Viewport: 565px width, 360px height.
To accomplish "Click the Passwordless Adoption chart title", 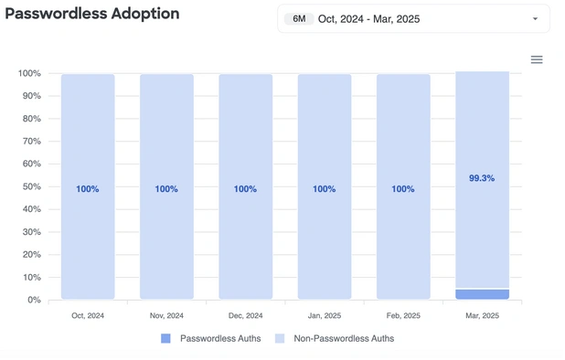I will coord(92,15).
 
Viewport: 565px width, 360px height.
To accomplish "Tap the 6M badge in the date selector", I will coord(299,18).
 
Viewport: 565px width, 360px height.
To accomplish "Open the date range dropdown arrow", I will coord(535,18).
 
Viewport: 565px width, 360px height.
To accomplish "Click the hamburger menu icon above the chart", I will coord(537,59).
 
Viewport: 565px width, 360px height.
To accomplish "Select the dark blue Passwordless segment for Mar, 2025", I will coord(482,294).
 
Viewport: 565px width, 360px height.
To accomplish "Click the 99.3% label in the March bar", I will coord(482,178).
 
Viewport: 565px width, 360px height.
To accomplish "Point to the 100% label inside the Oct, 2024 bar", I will coord(88,189).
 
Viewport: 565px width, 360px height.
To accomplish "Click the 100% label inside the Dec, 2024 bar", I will coord(245,189).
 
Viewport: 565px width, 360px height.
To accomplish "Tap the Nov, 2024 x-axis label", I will coord(166,315).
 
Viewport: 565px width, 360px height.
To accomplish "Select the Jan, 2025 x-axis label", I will coord(324,315).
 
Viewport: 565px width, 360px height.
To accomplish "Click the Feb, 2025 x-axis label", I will coord(403,315).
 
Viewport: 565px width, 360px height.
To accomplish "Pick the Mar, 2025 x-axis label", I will coord(482,315).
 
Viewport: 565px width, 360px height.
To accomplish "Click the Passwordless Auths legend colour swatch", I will coord(165,338).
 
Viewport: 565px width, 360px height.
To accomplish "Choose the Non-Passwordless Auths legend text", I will coord(344,338).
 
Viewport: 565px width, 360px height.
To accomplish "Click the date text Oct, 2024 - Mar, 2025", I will coord(368,18).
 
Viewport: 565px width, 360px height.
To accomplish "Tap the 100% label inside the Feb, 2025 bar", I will coord(403,189).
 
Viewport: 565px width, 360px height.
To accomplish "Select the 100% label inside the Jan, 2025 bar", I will coord(324,189).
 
